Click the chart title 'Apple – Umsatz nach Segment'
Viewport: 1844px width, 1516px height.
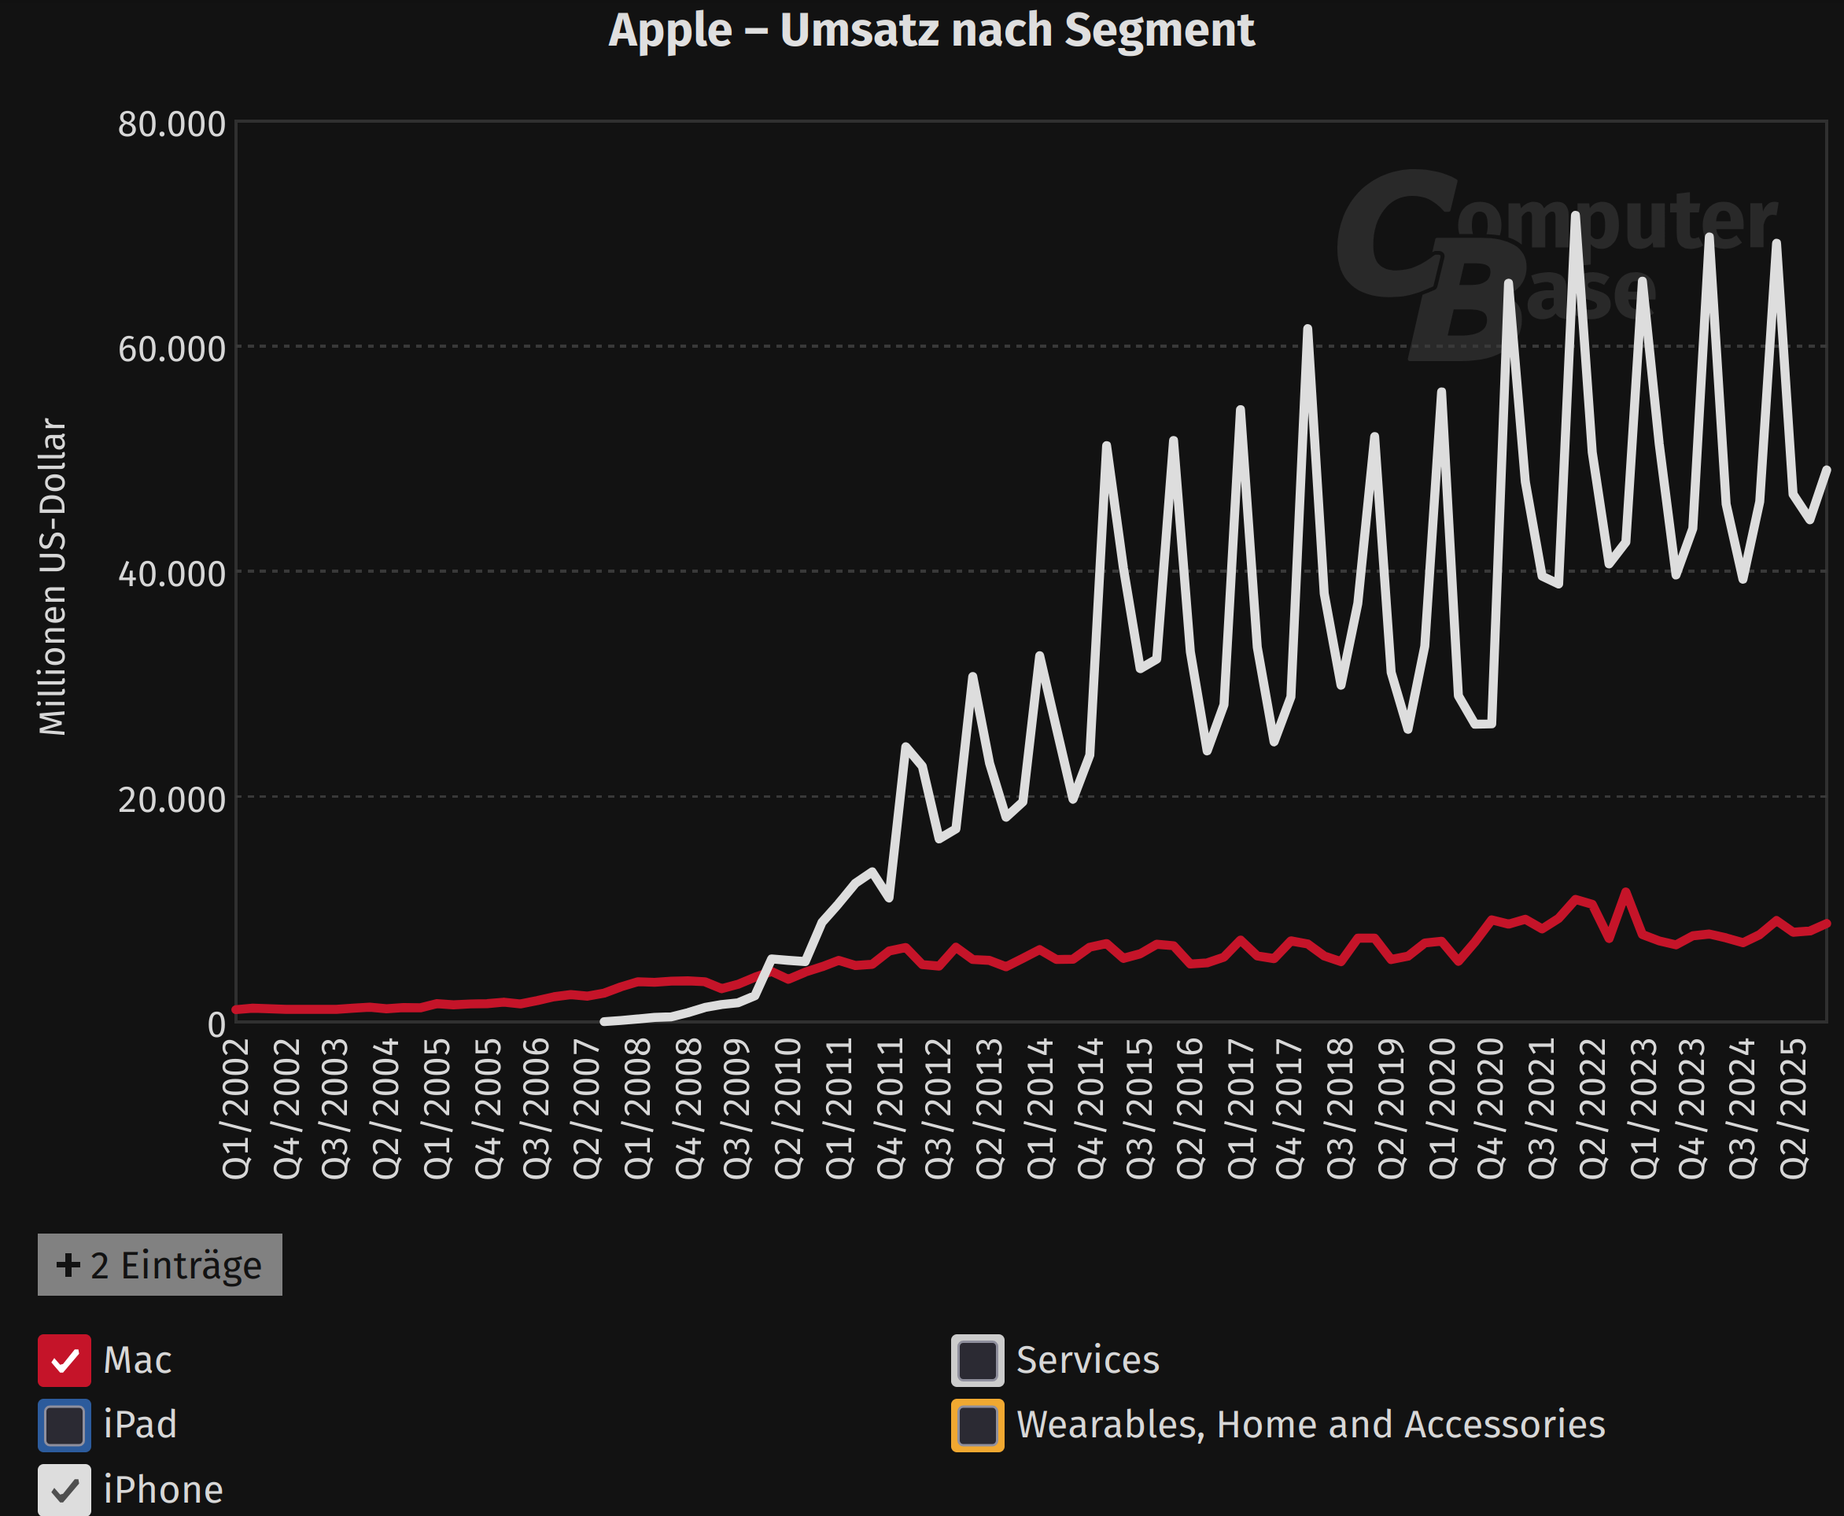(931, 31)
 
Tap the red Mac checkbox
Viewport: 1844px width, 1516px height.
(64, 1359)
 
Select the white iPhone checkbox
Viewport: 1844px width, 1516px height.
(64, 1489)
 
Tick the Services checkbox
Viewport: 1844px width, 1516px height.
(977, 1359)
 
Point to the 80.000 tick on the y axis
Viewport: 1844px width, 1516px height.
(172, 124)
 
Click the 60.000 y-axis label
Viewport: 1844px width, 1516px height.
(172, 349)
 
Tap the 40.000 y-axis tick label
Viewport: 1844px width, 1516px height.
(172, 574)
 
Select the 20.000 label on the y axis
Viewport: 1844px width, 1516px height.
(172, 799)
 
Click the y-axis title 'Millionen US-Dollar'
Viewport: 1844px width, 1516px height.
(53, 577)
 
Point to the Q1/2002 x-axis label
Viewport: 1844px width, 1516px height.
(237, 1108)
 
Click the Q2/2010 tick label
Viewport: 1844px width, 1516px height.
(787, 1108)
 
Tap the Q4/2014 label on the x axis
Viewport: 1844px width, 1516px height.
(1090, 1108)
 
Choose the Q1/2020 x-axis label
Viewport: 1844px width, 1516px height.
(1441, 1108)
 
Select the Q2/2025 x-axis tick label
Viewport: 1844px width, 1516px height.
(1794, 1108)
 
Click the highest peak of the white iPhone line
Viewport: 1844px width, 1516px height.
(1575, 215)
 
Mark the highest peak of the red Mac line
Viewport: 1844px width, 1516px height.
(1625, 891)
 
